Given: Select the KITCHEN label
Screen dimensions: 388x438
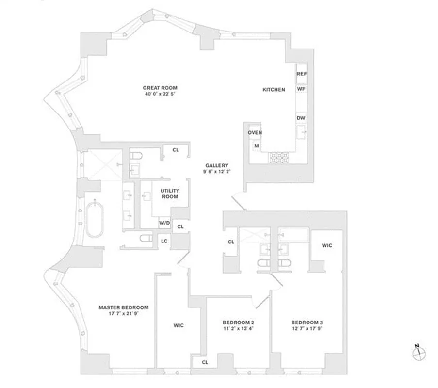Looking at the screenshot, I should pos(274,90).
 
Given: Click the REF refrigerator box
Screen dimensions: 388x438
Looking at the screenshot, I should pos(301,74).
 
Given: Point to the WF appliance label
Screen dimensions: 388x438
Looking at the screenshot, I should pos(301,90).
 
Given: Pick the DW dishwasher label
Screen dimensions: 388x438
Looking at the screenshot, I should pos(301,118).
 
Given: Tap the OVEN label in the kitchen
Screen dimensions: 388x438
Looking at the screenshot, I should pos(255,133).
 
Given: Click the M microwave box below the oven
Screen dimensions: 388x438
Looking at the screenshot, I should pos(256,145).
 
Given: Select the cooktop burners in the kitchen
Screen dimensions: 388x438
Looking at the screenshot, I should pos(278,157).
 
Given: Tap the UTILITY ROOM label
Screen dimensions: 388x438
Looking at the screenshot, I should pos(169,194).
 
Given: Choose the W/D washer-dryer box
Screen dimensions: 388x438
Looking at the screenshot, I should pos(164,223).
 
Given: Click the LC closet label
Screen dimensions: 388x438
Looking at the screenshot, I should pos(164,241).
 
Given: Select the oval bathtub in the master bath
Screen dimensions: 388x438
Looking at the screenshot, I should pos(95,220).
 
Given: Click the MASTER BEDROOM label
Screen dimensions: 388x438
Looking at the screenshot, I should pos(123,307).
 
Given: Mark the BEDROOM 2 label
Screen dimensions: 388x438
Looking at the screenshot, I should pos(238,323).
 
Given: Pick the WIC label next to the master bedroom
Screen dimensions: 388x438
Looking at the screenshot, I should pos(178,325).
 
